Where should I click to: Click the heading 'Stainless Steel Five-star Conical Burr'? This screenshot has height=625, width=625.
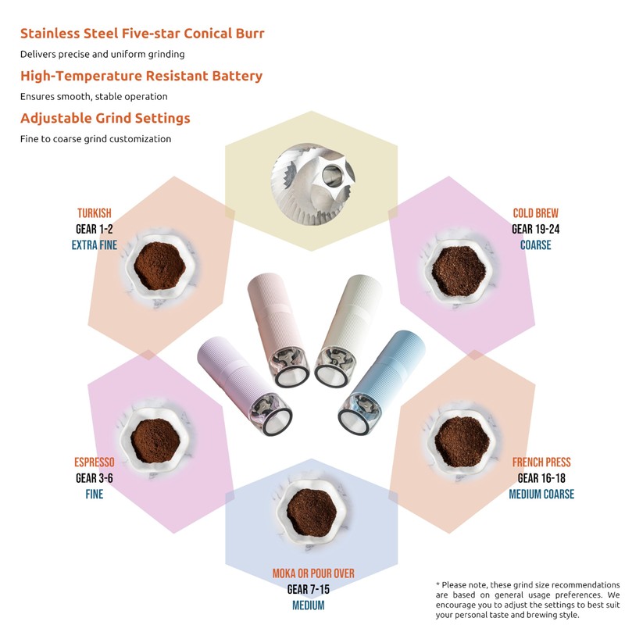(141, 34)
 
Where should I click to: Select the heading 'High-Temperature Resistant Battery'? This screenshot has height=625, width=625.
(141, 76)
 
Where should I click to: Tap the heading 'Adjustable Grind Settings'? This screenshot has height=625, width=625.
(105, 119)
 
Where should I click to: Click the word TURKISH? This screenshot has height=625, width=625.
(95, 213)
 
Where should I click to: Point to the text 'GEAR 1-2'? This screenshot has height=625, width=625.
(95, 229)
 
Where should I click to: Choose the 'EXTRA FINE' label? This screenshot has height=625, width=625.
(95, 245)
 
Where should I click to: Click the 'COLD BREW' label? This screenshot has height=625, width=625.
(535, 213)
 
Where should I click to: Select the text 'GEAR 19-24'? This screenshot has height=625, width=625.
(535, 229)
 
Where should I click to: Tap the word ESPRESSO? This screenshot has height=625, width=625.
(95, 462)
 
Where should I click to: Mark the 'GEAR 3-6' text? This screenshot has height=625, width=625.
(95, 478)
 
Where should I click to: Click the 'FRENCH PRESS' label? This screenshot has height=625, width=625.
(541, 462)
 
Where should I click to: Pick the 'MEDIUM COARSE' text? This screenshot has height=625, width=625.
(541, 494)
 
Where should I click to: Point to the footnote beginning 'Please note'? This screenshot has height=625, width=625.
(527, 600)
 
